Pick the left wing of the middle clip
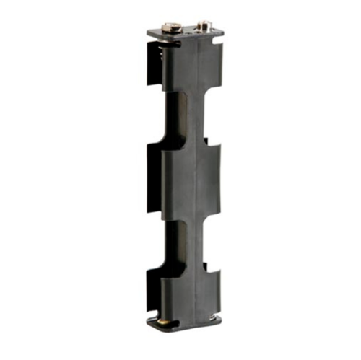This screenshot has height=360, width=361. click(154, 177)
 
